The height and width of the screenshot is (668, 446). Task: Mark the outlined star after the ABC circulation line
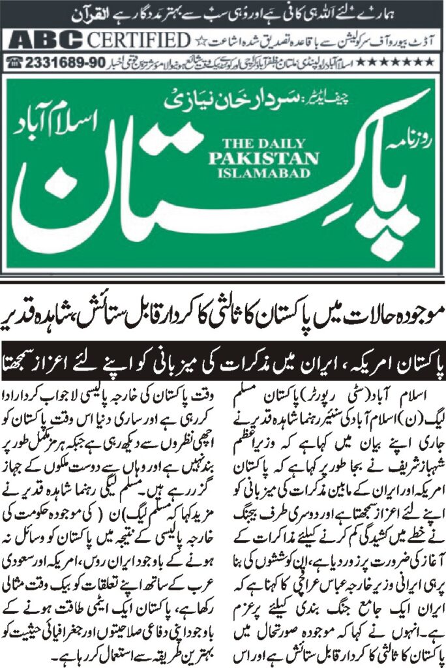[200, 40]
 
